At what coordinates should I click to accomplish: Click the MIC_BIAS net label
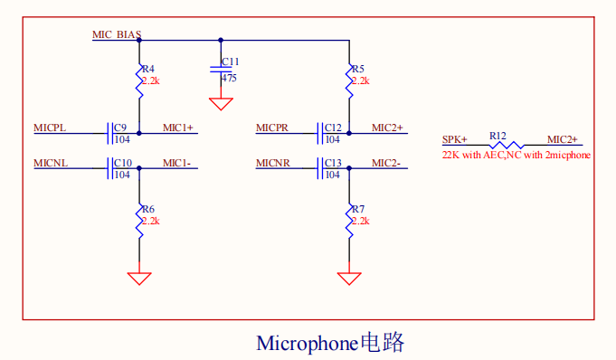[117, 34]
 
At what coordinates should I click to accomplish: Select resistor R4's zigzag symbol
[139, 81]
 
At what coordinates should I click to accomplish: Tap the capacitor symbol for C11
[221, 70]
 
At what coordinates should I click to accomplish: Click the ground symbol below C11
[221, 104]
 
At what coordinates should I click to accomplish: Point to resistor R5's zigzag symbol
[349, 81]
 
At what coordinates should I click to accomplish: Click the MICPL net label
[50, 128]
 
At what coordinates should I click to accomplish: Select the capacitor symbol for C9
[110, 133]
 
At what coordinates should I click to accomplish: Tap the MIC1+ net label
[178, 128]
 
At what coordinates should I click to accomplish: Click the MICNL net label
[51, 163]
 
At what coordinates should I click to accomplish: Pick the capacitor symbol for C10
[110, 168]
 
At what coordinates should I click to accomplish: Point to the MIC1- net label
[176, 163]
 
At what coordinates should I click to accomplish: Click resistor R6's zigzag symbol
[139, 222]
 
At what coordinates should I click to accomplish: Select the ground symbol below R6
[139, 279]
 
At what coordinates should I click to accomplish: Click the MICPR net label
[272, 128]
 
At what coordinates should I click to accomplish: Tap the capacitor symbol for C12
[320, 133]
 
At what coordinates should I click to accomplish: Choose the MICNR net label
[272, 163]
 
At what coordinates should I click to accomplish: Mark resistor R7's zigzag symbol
[349, 222]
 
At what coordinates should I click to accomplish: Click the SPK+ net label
[454, 139]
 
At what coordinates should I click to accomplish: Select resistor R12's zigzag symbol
[507, 145]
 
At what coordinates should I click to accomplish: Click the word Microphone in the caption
[307, 344]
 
